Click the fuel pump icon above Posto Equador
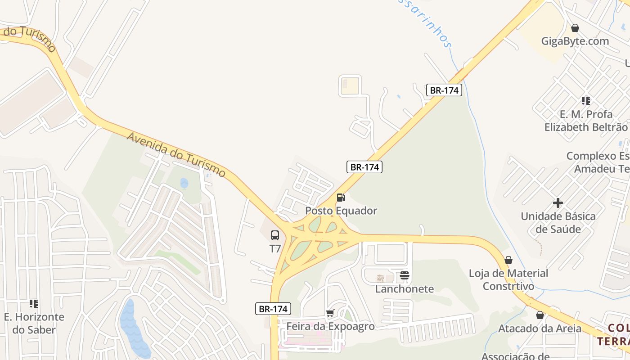[341, 197]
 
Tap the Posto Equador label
[341, 211]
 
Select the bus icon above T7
[275, 235]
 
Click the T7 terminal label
[275, 248]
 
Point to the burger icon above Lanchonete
[404, 275]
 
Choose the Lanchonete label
[405, 289]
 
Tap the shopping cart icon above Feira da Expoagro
[330, 313]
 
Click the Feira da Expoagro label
[330, 326]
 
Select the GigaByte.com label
[575, 41]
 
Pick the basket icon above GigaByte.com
[575, 28]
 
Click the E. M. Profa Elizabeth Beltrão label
[586, 121]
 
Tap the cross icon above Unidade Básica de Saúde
[558, 203]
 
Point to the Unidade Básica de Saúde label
[558, 223]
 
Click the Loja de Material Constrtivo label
[508, 279]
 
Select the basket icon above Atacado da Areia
[540, 315]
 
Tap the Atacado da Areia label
[540, 328]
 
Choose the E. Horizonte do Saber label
[34, 323]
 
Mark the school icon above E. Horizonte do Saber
[33, 304]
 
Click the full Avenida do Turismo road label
[176, 154]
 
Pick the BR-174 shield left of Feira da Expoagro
[273, 309]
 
